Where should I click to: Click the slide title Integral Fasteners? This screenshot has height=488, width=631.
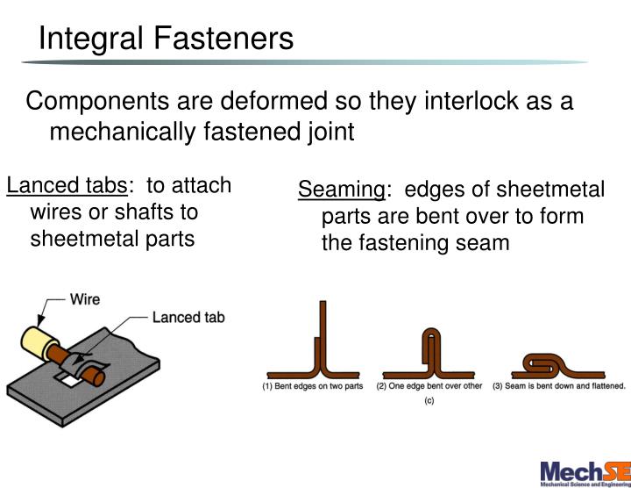(167, 38)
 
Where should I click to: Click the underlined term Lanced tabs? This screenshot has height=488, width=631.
(67, 186)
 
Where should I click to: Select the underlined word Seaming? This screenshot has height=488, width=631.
(341, 190)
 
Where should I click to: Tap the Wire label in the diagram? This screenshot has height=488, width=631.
(84, 299)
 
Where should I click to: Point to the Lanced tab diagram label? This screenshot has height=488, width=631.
(188, 317)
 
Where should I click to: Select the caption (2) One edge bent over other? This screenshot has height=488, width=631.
(429, 386)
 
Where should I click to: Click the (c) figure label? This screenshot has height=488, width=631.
(430, 401)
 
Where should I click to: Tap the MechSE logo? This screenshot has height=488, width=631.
(584, 471)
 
